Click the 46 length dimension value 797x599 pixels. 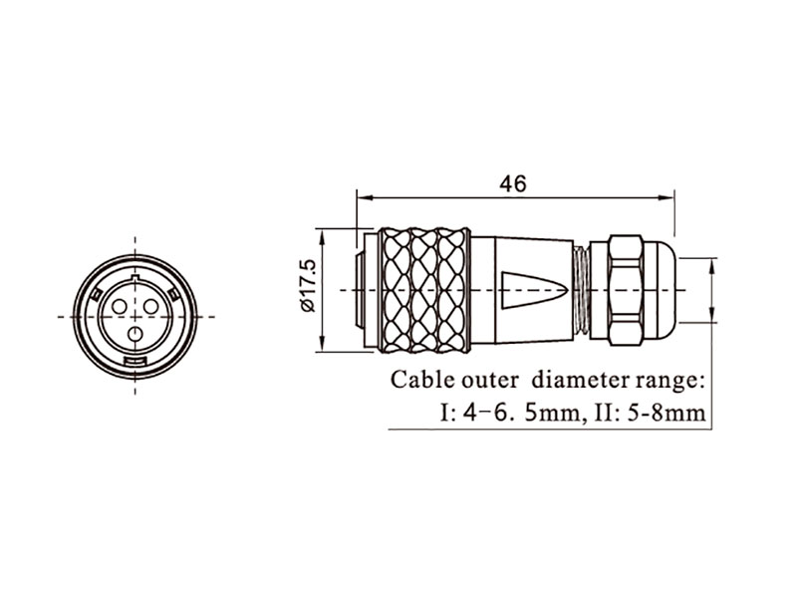point(512,184)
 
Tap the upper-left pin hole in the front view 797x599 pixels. point(120,306)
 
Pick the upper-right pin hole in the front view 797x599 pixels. point(151,306)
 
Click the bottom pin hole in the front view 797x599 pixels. point(135,334)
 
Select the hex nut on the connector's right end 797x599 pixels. point(624,289)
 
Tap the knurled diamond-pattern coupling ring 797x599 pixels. point(424,290)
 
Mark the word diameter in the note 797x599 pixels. point(583,380)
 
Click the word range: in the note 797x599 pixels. point(671,380)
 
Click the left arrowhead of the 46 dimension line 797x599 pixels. point(361,197)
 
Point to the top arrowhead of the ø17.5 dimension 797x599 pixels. point(321,233)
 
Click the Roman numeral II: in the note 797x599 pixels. point(606,411)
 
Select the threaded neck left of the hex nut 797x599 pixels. point(581,289)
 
